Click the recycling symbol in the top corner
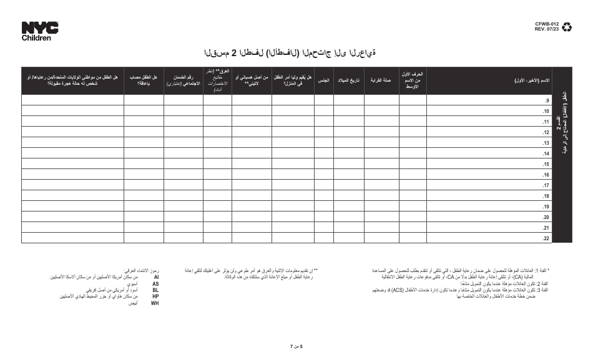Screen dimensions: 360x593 point(567,27)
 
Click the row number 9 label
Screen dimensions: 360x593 point(546,100)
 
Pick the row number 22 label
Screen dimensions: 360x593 point(545,238)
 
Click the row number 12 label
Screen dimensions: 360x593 point(545,132)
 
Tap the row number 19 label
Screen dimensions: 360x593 point(545,206)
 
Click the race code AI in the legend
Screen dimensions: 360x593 point(156,276)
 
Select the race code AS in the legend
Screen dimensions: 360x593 point(155,283)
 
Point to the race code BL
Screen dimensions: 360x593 point(155,290)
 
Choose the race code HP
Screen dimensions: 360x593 point(155,296)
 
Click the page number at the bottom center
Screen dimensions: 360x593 point(296,345)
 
